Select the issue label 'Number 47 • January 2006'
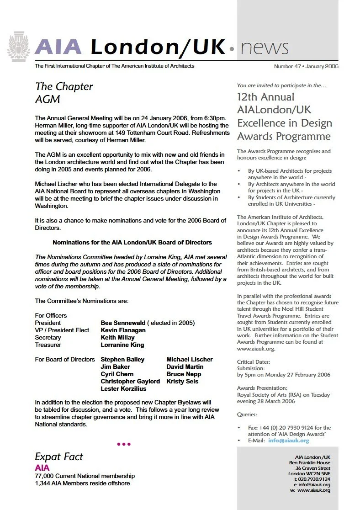306,66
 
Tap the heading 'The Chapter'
64,86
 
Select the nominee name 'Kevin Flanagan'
123,330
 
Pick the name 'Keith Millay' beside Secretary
117,337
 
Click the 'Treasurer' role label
48,345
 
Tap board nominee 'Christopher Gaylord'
131,381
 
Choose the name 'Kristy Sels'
182,381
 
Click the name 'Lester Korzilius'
123,388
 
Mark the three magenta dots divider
124,444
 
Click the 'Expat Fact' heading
59,457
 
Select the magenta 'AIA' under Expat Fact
42,467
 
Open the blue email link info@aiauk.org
289,441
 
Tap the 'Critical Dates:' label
254,361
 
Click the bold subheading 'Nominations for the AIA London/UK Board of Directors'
132,242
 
